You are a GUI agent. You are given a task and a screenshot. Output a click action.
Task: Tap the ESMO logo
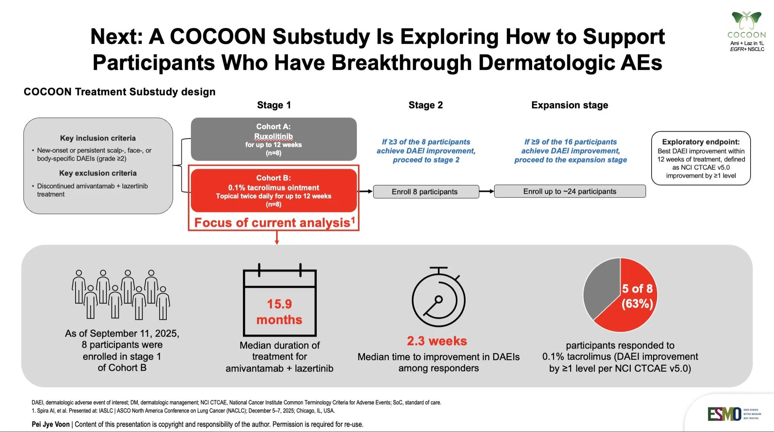pyautogui.click(x=724, y=414)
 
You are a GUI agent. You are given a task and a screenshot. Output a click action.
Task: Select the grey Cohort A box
pyautogui.click(x=274, y=139)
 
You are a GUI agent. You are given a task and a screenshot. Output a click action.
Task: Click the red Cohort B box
pyautogui.click(x=274, y=190)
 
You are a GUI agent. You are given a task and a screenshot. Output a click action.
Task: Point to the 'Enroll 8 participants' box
pyautogui.click(x=426, y=192)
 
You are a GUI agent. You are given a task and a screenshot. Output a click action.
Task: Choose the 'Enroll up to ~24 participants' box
pyautogui.click(x=570, y=191)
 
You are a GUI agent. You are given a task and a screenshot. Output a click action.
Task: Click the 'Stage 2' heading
pyautogui.click(x=426, y=105)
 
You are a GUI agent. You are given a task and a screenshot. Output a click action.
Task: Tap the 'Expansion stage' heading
pyautogui.click(x=570, y=105)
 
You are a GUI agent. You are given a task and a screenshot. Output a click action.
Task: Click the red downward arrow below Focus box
pyautogui.click(x=277, y=238)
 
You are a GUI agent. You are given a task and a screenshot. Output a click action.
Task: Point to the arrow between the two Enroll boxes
pyautogui.click(x=486, y=192)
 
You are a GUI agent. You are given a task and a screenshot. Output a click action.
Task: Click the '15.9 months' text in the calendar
pyautogui.click(x=279, y=312)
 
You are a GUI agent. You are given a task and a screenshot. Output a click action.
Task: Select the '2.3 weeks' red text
pyautogui.click(x=437, y=341)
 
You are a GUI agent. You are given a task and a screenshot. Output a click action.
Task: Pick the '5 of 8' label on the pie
pyautogui.click(x=637, y=289)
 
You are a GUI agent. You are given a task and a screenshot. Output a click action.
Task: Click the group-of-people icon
pyautogui.click(x=121, y=295)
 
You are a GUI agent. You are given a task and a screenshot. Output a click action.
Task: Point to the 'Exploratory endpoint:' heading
pyautogui.click(x=701, y=142)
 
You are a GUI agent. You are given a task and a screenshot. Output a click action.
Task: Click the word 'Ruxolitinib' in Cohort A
pyautogui.click(x=273, y=136)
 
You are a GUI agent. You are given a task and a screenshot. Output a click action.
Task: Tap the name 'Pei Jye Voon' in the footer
pyautogui.click(x=51, y=424)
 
